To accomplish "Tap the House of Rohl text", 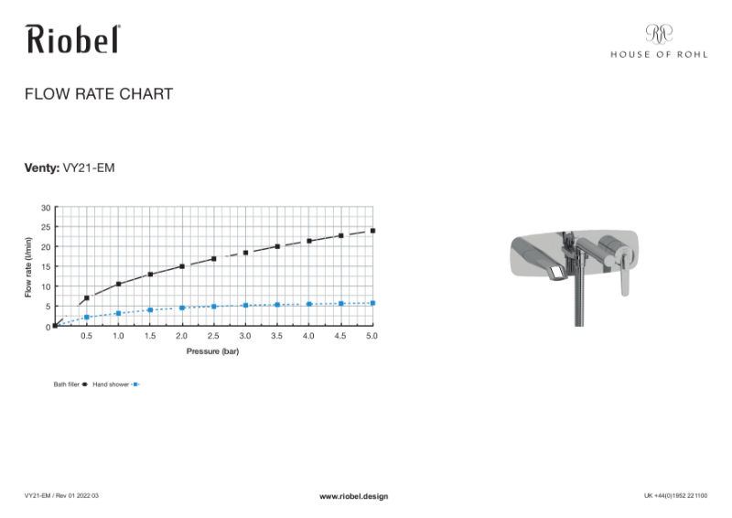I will pyautogui.click(x=659, y=54).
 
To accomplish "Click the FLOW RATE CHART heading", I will pyautogui.click(x=99, y=94).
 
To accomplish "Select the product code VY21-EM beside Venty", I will pyautogui.click(x=89, y=167).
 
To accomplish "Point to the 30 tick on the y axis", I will pyautogui.click(x=46, y=208).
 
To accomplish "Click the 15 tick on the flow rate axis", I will pyautogui.click(x=46, y=267).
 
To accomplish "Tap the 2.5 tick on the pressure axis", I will pyautogui.click(x=213, y=338).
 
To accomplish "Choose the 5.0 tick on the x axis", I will pyautogui.click(x=371, y=338).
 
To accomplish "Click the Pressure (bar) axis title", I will pyautogui.click(x=213, y=351).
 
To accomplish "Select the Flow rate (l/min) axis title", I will pyautogui.click(x=28, y=266).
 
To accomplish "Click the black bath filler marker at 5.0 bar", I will pyautogui.click(x=372, y=231).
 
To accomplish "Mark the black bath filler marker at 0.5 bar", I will pyautogui.click(x=87, y=298).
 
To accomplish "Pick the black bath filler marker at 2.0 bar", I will pyautogui.click(x=182, y=266).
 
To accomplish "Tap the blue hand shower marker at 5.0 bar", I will pyautogui.click(x=372, y=303).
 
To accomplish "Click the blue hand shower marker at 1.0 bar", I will pyautogui.click(x=119, y=313).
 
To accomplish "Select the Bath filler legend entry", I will pyautogui.click(x=70, y=385).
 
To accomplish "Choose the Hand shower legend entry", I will pyautogui.click(x=114, y=385).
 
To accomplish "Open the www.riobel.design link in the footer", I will pyautogui.click(x=353, y=496).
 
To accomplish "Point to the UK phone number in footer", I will pyautogui.click(x=678, y=496).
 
